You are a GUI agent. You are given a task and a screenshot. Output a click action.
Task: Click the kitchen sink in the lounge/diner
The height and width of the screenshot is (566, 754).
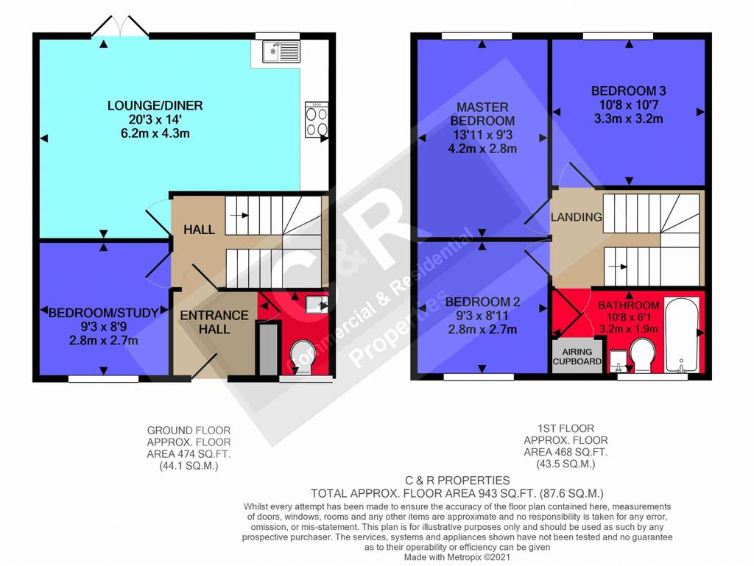tap(281, 52)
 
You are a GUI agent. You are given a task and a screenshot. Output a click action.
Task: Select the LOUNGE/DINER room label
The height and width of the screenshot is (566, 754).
tap(155, 105)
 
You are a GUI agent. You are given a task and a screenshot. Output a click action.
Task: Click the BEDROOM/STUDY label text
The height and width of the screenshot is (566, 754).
tap(103, 313)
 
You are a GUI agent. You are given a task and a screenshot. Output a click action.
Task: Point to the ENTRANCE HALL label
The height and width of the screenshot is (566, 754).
tap(214, 322)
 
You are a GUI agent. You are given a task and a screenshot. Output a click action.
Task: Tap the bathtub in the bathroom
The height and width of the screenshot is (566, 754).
tap(681, 336)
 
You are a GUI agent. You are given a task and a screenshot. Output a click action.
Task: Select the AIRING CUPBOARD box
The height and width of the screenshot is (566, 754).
tap(577, 356)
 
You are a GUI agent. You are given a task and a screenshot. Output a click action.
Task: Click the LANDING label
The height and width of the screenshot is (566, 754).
tap(576, 217)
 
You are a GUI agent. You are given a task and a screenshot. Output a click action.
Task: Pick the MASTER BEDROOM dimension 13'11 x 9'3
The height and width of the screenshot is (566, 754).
tap(482, 135)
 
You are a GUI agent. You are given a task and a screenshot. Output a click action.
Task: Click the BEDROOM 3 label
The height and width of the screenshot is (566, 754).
tap(629, 91)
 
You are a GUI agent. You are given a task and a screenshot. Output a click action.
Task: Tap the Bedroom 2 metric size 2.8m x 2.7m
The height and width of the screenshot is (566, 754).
tap(482, 330)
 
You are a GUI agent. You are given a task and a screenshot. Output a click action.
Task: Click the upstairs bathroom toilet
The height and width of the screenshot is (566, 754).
tap(642, 355)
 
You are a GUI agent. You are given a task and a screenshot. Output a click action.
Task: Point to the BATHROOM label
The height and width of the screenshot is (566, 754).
tap(629, 305)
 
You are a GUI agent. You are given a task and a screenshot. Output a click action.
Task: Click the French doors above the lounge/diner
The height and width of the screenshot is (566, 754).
tap(120, 27)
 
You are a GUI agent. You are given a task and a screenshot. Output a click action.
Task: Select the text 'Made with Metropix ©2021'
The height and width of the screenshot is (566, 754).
tap(457, 557)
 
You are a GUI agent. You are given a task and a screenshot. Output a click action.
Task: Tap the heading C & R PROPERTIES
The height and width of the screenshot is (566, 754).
tap(457, 481)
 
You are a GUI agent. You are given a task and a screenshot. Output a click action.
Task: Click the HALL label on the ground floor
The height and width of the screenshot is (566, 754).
tap(199, 230)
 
